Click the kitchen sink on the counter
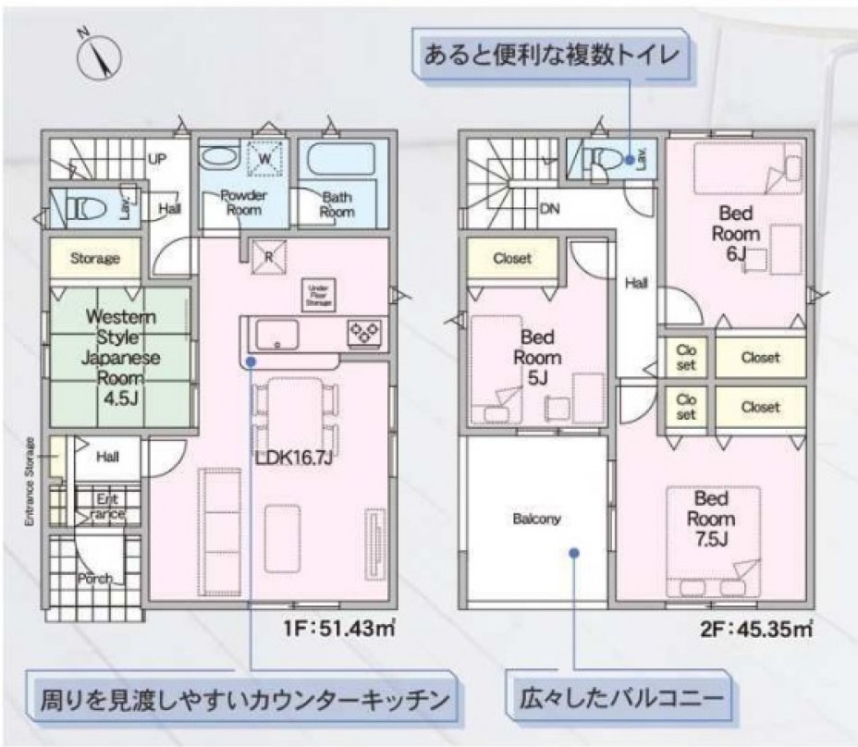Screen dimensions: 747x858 (x=276, y=332)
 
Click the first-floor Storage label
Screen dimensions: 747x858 (x=95, y=259)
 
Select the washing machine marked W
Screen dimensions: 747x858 (x=267, y=159)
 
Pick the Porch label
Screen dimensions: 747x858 (x=94, y=579)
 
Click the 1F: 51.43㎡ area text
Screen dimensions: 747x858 (x=339, y=631)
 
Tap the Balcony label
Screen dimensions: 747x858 (x=536, y=519)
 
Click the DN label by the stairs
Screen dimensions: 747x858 (x=549, y=208)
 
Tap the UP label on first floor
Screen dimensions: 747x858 (x=156, y=159)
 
